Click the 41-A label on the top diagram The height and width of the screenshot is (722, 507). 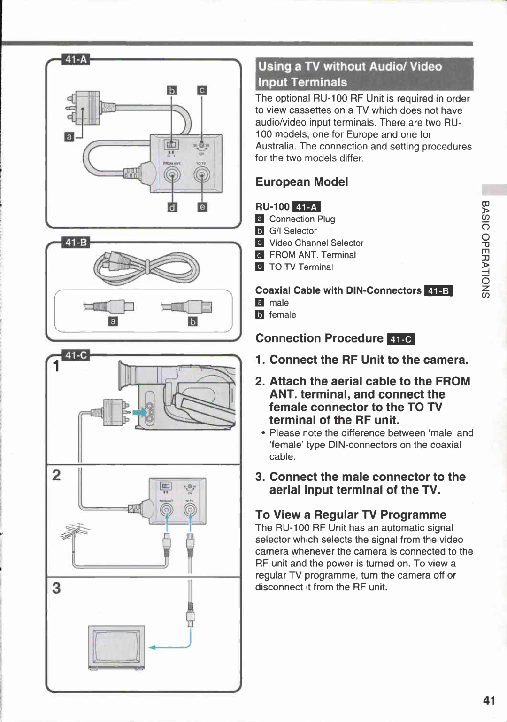[76, 60]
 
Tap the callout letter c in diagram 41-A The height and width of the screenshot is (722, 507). [202, 90]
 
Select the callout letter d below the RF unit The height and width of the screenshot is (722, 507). [172, 207]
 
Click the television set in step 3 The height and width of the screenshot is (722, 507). [116, 646]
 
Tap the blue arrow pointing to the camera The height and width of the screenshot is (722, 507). [139, 412]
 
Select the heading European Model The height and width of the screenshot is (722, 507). [301, 182]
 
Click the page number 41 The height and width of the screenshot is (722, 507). [489, 700]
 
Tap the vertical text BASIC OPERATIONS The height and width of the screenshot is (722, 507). [485, 249]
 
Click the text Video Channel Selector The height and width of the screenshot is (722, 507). [316, 243]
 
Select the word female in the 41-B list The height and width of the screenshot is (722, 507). [282, 315]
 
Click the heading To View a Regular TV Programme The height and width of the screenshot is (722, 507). [350, 515]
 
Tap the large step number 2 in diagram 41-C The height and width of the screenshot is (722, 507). [56, 475]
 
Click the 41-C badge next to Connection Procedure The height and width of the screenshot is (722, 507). [401, 339]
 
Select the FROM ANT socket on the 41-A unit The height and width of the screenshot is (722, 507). [172, 175]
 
